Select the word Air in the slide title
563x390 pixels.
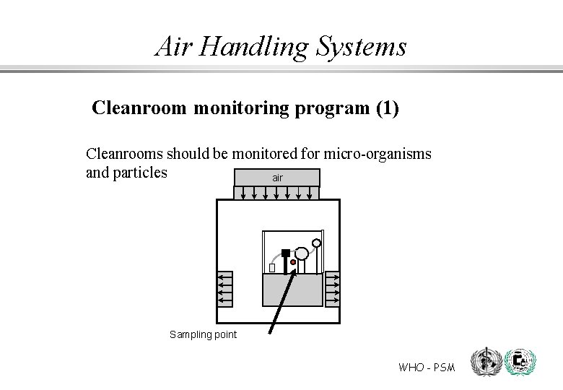pos(173,47)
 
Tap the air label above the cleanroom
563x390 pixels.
pos(277,177)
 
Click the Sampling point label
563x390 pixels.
pos(203,334)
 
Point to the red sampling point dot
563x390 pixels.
pos(293,262)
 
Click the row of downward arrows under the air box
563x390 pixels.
pos(277,193)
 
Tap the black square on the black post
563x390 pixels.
pos(286,253)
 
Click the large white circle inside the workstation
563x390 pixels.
pos(302,253)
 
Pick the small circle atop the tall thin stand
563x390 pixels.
pos(316,242)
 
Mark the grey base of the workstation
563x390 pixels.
pos(292,290)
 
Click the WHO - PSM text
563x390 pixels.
pos(427,368)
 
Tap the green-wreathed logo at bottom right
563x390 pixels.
pos(520,362)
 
